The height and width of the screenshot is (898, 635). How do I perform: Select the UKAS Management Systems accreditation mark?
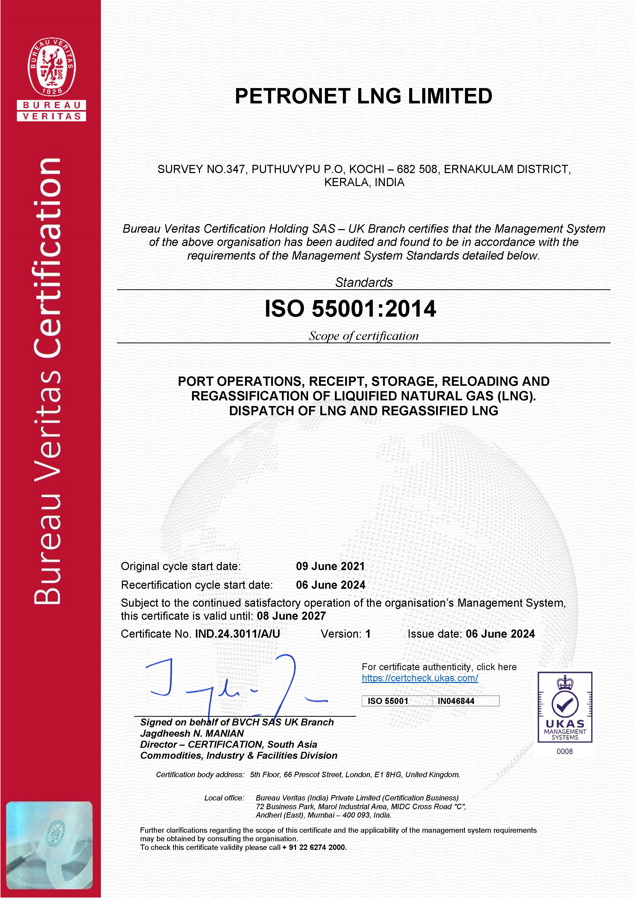565,707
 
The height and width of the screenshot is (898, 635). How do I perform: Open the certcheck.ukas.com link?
420,678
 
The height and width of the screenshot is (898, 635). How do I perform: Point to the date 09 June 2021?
330,566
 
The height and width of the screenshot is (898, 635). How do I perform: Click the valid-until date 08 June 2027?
291,616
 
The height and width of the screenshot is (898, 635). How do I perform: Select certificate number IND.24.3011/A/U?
238,634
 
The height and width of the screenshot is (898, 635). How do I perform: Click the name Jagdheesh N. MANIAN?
192,733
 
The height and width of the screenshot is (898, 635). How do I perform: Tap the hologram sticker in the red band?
49,845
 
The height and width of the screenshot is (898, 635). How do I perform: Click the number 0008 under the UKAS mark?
565,751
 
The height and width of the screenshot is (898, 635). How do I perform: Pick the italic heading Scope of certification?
364,336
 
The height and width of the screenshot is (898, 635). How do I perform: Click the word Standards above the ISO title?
364,282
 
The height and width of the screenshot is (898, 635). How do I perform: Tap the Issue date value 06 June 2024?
500,634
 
